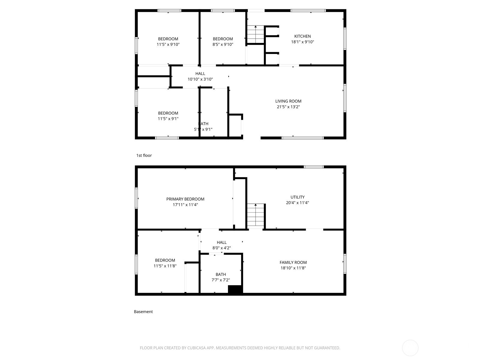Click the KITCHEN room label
pos(302,36)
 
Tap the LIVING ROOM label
pos(288,101)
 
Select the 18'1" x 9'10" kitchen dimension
pos(302,42)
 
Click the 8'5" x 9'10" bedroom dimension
pos(223,44)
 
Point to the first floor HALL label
pos(200,73)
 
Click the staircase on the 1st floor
pos(255,35)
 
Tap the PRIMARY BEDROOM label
pos(185,199)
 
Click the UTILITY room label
pos(297,197)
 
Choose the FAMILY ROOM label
pos(293,262)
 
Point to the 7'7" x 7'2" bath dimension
pos(221,280)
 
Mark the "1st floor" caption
pos(144,155)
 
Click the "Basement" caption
pos(143,312)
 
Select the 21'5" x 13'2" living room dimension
pos(288,107)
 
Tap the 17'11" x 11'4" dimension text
pos(185,205)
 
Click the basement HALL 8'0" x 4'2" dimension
pos(221,248)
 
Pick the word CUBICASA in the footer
pos(196,348)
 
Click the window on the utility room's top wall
pos(313,167)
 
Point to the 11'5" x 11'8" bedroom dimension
pos(165,266)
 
